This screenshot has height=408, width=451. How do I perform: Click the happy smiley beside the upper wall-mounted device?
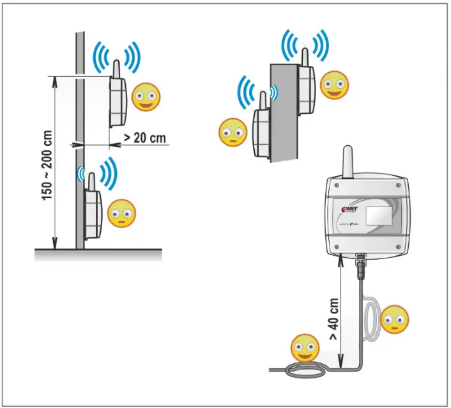point(146,97)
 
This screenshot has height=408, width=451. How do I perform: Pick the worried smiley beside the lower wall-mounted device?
point(121,213)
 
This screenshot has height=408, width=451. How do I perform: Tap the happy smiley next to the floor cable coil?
point(305,348)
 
